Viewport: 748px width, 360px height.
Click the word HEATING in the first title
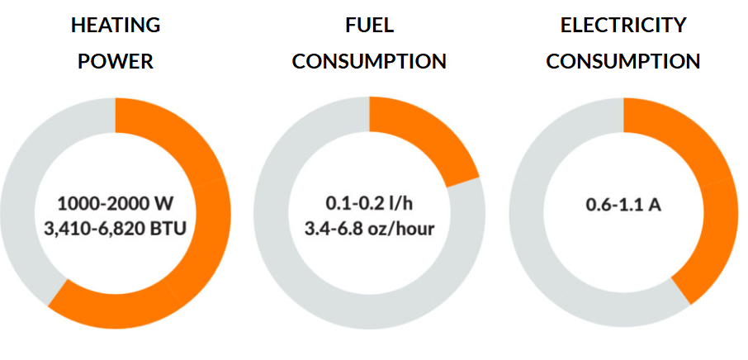(x=116, y=26)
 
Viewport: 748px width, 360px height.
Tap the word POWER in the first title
(x=116, y=61)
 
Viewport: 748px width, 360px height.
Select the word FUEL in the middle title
(x=370, y=26)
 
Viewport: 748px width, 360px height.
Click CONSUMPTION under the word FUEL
(x=369, y=61)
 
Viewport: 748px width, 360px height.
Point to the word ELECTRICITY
(x=623, y=26)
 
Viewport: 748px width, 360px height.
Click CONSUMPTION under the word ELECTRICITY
(x=623, y=61)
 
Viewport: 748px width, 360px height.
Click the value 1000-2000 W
(x=116, y=205)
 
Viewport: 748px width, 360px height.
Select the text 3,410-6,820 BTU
(x=116, y=230)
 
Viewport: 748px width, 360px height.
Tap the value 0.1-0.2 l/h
(x=370, y=205)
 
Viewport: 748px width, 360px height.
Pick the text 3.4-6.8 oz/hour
(x=370, y=230)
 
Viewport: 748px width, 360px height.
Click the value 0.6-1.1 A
(x=623, y=205)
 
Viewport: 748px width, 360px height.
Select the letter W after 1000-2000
(x=166, y=205)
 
